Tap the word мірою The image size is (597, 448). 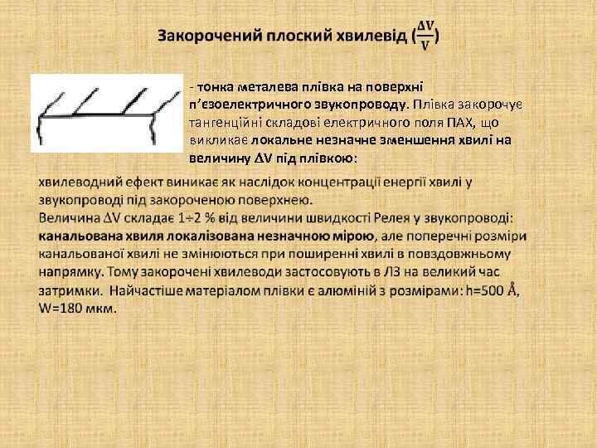point(342,236)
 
